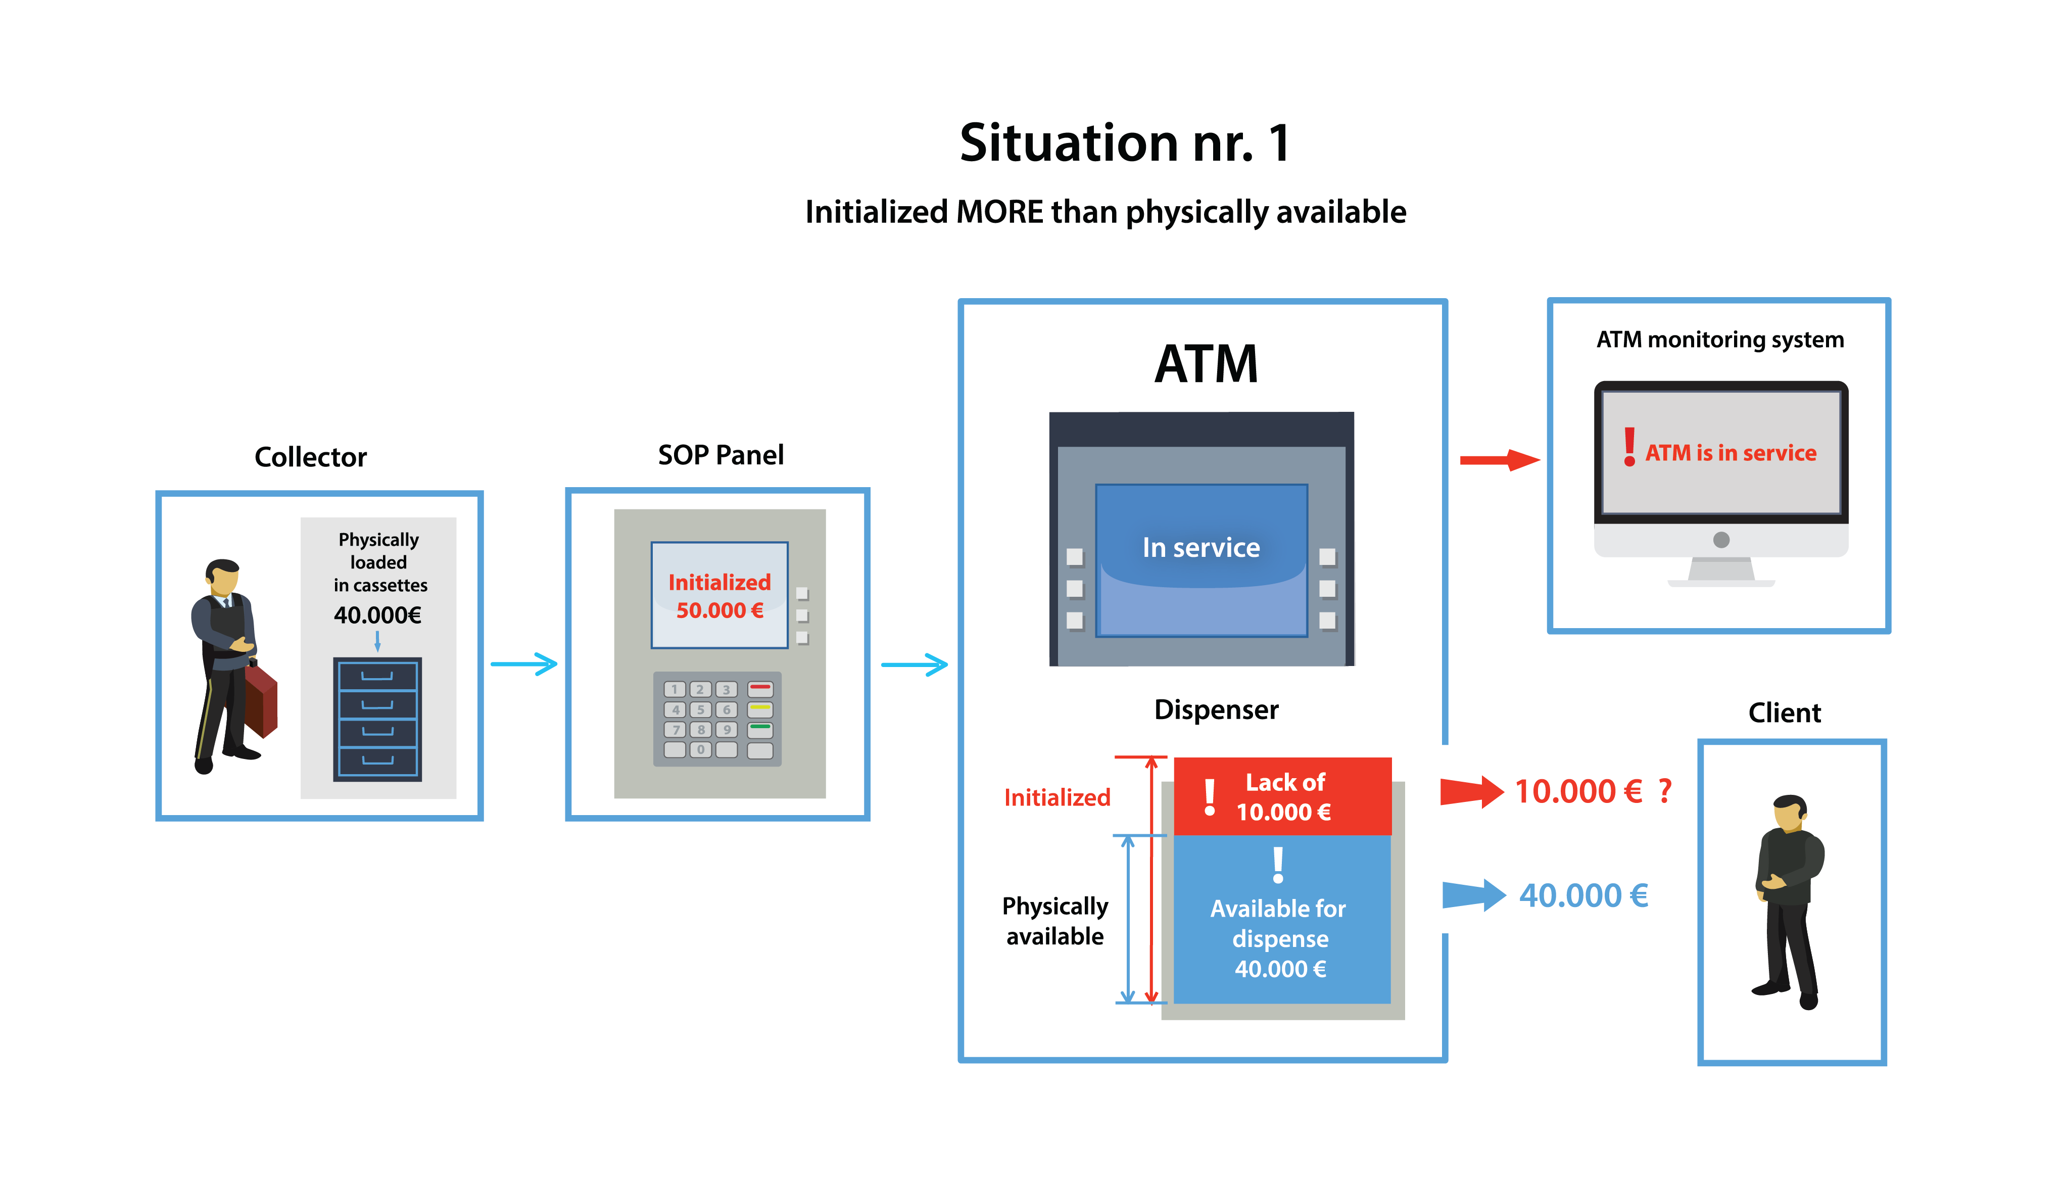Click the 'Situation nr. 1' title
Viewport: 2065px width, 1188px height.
tap(1124, 144)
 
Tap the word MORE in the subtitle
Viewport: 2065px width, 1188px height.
tap(999, 212)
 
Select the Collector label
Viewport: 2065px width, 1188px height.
tap(310, 457)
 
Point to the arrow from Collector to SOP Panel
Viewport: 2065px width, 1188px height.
tap(524, 664)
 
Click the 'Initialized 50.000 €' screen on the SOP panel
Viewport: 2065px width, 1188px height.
tap(719, 596)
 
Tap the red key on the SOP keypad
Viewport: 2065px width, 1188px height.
tap(759, 689)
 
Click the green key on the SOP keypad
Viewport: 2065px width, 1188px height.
tap(759, 729)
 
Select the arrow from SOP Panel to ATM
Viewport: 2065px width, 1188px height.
tap(915, 664)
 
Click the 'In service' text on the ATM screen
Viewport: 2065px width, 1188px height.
tap(1201, 547)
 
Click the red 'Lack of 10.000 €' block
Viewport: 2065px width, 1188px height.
tap(1282, 796)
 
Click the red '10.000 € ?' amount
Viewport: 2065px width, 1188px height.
tap(1591, 791)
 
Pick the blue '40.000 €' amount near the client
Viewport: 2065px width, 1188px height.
tap(1583, 896)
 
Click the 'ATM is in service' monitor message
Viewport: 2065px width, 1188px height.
tap(1730, 453)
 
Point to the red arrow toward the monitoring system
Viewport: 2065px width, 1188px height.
tap(1500, 460)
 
